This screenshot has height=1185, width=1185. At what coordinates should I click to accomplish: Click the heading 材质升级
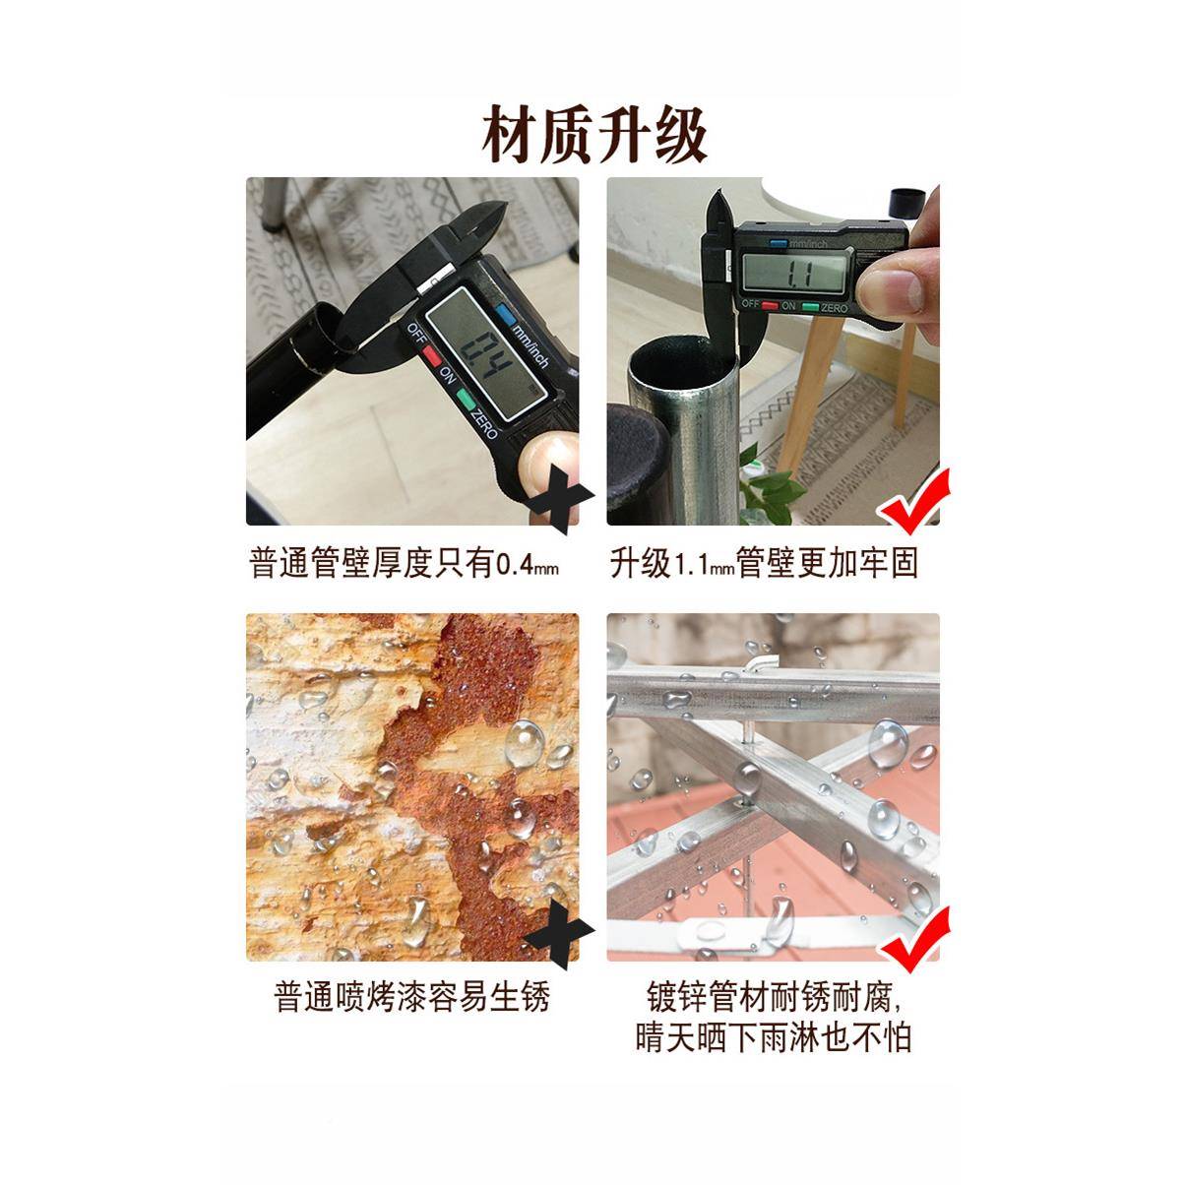(593, 134)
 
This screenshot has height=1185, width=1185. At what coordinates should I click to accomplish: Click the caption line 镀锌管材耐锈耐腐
(772, 996)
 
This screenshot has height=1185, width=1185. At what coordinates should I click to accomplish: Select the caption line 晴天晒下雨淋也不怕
(774, 1036)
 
